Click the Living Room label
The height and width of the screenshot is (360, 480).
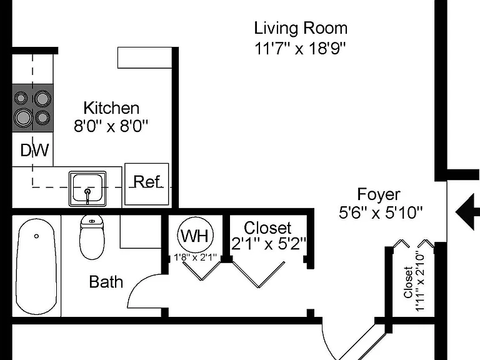tap(301, 28)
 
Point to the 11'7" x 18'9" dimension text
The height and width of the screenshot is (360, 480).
tap(300, 48)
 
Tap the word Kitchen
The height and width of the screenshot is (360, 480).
tap(111, 108)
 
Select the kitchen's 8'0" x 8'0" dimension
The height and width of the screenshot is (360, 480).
tap(111, 126)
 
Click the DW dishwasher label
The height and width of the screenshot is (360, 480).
tap(34, 150)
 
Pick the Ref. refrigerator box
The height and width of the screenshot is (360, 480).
tap(147, 184)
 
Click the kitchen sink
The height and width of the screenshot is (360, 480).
tap(87, 189)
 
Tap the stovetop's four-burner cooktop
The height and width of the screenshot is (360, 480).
tap(32, 108)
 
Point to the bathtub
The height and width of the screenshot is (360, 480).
tap(36, 266)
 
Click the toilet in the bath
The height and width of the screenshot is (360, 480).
tap(92, 237)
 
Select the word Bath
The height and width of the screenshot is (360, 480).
tap(106, 282)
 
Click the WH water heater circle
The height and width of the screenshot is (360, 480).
tap(195, 235)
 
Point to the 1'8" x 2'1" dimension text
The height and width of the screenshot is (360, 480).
tap(195, 257)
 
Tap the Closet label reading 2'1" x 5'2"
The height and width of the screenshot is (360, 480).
tap(269, 236)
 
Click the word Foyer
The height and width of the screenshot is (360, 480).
tap(379, 194)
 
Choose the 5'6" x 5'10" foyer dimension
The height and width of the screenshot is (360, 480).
tap(381, 212)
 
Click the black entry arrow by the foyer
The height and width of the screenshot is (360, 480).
tap(467, 212)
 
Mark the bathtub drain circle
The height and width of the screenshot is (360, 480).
tap(36, 236)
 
